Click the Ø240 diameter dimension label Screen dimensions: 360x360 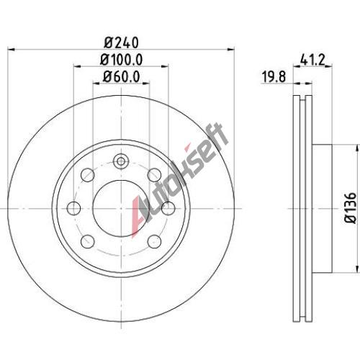pos(122,42)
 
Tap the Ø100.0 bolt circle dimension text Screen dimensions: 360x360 pos(122,59)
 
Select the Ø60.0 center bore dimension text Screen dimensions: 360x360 pos(122,77)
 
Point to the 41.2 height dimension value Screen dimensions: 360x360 pos(312,60)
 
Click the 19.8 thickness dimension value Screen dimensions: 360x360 pos(274,77)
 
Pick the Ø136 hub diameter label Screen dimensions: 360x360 pos(351,208)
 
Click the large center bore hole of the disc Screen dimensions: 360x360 pos(122,208)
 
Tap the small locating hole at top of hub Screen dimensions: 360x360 pos(122,161)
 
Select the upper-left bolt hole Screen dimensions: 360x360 pos(88,175)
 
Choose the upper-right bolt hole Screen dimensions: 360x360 pos(154,175)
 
